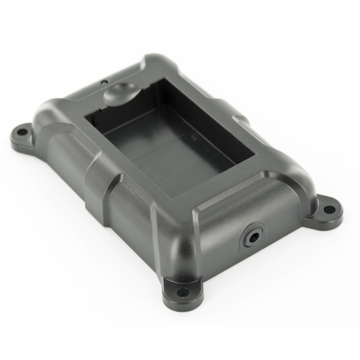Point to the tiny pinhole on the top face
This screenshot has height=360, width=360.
[x=104, y=82]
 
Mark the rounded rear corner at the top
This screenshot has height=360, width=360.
[x=157, y=63]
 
